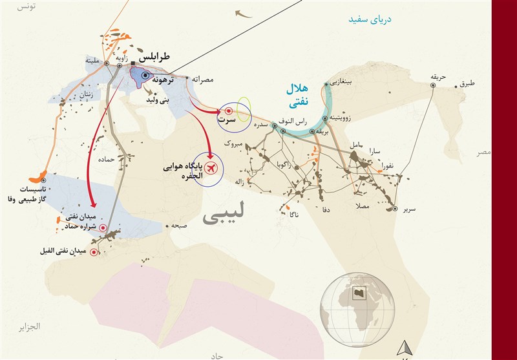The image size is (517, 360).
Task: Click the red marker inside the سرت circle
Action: pos(229,111)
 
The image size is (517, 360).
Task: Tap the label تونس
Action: pos(25,6)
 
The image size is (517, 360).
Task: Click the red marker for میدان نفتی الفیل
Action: pos(94,252)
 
